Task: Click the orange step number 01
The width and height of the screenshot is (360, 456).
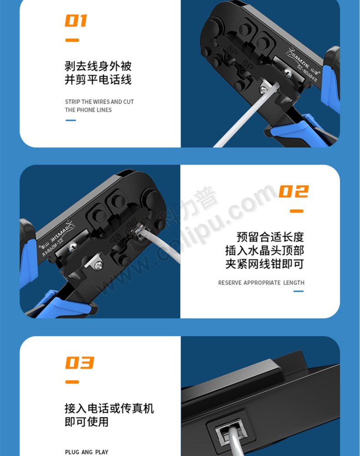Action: [76, 21]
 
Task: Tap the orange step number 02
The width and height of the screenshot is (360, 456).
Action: [293, 192]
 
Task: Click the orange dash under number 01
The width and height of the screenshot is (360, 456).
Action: [72, 40]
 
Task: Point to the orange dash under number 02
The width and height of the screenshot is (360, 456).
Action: [297, 211]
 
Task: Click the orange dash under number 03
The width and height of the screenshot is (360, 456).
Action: [72, 382]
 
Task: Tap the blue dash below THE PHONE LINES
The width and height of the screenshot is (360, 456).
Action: [71, 120]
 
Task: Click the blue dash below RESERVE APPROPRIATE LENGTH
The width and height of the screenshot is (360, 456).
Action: [298, 291]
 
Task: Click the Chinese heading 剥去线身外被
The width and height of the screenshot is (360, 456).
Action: [98, 66]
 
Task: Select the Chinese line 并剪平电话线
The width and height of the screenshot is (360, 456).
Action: [98, 80]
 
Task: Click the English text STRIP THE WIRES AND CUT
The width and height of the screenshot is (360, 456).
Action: [99, 102]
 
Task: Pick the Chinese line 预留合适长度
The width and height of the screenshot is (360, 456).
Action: [270, 237]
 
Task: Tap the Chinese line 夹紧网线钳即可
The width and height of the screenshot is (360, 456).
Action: [265, 264]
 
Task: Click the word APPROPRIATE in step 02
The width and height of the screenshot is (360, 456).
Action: [262, 283]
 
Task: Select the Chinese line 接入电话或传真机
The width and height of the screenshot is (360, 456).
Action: [109, 408]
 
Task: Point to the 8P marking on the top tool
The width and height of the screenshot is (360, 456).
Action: [231, 51]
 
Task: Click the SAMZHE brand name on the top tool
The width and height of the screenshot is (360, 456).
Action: [301, 60]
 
